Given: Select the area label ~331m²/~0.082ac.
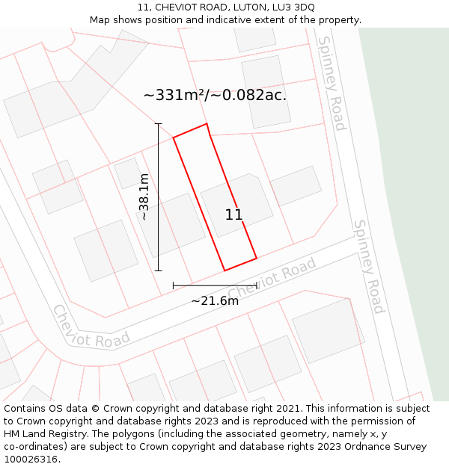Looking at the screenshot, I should click(x=215, y=95).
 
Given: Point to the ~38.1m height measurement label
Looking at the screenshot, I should click(x=144, y=197).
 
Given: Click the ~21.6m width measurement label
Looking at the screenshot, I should click(x=215, y=301).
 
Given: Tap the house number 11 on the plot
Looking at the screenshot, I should click(x=233, y=215).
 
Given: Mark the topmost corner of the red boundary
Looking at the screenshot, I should click(x=207, y=124).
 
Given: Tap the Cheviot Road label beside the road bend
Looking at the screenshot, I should click(x=91, y=327).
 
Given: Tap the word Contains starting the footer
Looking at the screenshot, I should click(x=26, y=409).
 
